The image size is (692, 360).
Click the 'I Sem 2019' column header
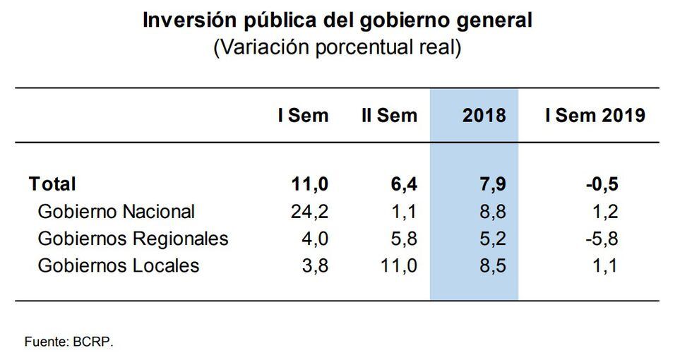(x=595, y=116)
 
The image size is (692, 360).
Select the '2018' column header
(x=484, y=116)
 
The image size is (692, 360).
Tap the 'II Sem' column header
(x=389, y=116)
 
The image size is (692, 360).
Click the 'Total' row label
(x=52, y=184)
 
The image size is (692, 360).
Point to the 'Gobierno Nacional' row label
(x=116, y=211)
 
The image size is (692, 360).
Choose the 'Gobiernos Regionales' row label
(x=133, y=239)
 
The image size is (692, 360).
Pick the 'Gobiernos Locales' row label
(x=118, y=265)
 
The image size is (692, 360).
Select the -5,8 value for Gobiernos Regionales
(x=601, y=239)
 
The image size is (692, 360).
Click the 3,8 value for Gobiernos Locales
(x=314, y=265)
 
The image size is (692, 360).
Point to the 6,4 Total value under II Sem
(x=403, y=184)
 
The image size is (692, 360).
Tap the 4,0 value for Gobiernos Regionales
(x=314, y=239)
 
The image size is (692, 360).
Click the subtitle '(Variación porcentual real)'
(x=338, y=47)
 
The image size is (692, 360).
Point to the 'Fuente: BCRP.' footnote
(x=68, y=342)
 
